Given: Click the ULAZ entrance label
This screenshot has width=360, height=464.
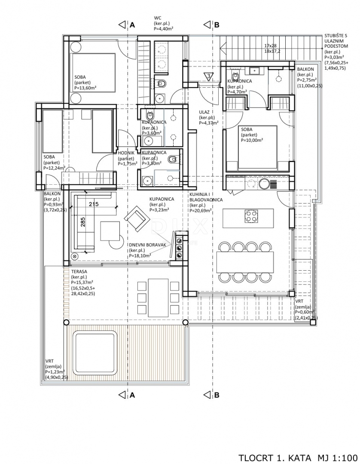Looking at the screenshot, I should click(x=204, y=112).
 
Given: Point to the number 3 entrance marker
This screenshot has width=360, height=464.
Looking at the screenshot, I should click(x=208, y=77).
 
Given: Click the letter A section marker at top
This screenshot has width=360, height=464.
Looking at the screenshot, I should click(x=132, y=25).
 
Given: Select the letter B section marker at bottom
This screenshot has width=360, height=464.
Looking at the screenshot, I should click(x=217, y=395).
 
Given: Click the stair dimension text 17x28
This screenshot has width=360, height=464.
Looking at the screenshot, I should click(x=271, y=45).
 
